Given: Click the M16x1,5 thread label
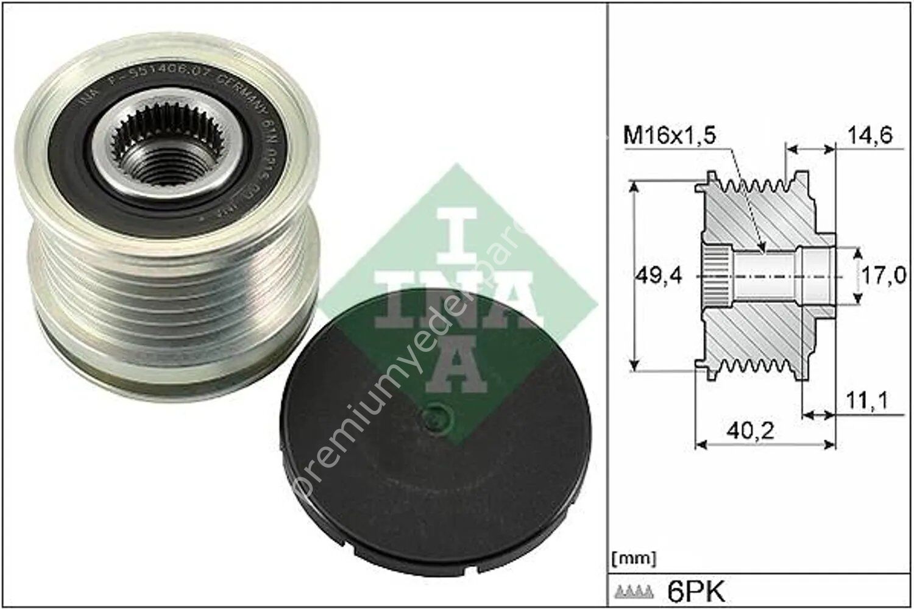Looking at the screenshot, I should [668, 135].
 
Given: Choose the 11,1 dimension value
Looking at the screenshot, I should [866, 401].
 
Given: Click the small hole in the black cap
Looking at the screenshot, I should [438, 419].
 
